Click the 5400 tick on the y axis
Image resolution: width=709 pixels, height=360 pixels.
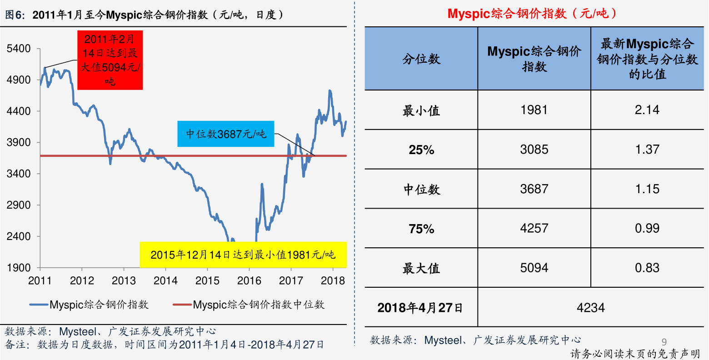pyautogui.click(x=19, y=49)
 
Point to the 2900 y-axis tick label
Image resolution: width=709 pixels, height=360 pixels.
pyautogui.click(x=19, y=205)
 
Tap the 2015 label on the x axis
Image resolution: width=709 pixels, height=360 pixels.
pyautogui.click(x=207, y=280)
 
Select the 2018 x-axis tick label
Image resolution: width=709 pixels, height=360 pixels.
pyautogui.click(x=333, y=280)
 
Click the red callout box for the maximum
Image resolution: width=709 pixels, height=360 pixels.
pyautogui.click(x=110, y=60)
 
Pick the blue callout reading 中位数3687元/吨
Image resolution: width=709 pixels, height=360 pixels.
pyautogui.click(x=226, y=134)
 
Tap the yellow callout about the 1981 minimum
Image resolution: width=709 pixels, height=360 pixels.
pyautogui.click(x=243, y=255)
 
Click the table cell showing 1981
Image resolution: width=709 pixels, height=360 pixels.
pyautogui.click(x=534, y=110)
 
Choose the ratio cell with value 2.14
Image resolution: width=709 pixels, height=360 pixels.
pyautogui.click(x=647, y=110)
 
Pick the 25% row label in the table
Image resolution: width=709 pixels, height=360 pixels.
pyautogui.click(x=421, y=150)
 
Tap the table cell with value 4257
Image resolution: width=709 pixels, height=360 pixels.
pyautogui.click(x=534, y=228)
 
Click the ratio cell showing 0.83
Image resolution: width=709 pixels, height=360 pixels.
pyautogui.click(x=647, y=268)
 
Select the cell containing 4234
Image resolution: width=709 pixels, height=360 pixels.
pyautogui.click(x=590, y=308)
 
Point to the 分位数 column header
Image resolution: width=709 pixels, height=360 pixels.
pyautogui.click(x=421, y=59)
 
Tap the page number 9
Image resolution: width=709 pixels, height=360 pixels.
pyautogui.click(x=664, y=342)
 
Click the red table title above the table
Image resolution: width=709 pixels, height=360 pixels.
pyautogui.click(x=532, y=14)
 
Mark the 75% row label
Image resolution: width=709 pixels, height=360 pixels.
pyautogui.click(x=421, y=229)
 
